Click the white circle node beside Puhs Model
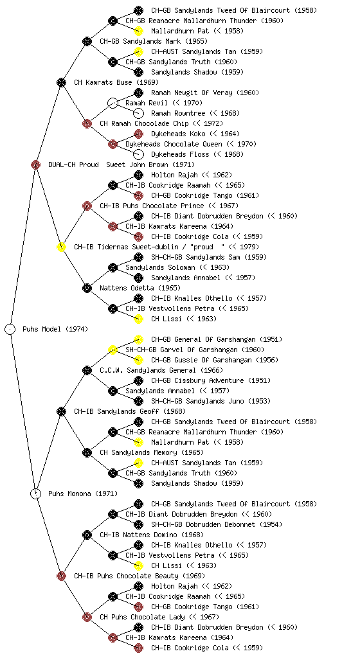pyautogui.click(x=10, y=329)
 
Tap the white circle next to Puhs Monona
pyautogui.click(x=36, y=493)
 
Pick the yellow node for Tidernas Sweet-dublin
pyautogui.click(x=61, y=247)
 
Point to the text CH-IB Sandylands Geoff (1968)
pyautogui.click(x=130, y=411)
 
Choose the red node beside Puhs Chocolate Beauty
pyautogui.click(x=61, y=576)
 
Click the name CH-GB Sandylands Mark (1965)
pyautogui.click(x=154, y=41)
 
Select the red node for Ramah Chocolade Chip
pyautogui.click(x=87, y=123)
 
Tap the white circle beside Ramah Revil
pyautogui.click(x=113, y=103)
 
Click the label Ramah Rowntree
pyautogui.click(x=178, y=113)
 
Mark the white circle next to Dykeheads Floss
pyautogui.click(x=138, y=154)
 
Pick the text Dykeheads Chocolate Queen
pyautogui.click(x=174, y=144)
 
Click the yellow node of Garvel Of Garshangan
pyautogui.click(x=113, y=350)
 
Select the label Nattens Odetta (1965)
pyautogui.click(x=140, y=288)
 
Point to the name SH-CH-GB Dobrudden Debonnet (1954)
pyautogui.click(x=217, y=524)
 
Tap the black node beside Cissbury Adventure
pyautogui.click(x=138, y=380)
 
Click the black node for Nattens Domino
pyautogui.click(x=87, y=535)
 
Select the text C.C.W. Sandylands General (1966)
pyautogui.click(x=161, y=370)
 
